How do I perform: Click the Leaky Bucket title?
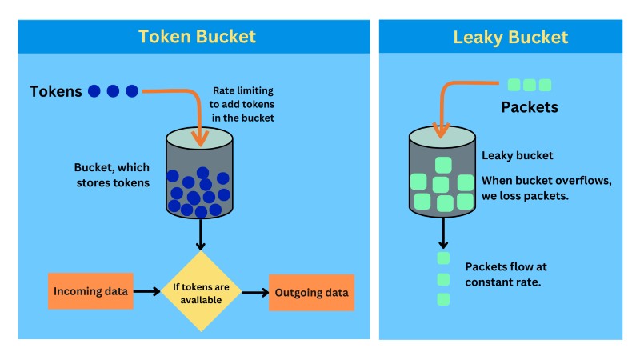coord(510,37)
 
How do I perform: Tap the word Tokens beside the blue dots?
coord(56,91)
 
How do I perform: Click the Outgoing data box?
coord(311,293)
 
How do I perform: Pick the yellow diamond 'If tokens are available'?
coord(202,292)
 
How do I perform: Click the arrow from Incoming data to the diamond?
coord(146,292)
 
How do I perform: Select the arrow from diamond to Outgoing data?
coord(255,293)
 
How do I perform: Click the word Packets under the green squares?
coord(529,107)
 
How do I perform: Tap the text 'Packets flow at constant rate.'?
coord(506,274)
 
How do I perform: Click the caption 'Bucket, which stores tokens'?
coord(112,175)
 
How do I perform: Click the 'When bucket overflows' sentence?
coord(546,188)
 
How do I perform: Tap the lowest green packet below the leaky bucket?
coord(443,299)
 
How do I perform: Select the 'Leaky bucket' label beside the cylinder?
coord(517,156)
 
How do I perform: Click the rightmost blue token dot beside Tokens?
coord(132,91)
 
